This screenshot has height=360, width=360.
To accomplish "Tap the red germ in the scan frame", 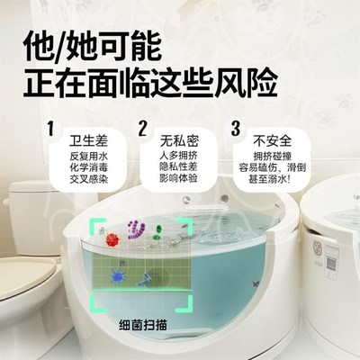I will [112, 241].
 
